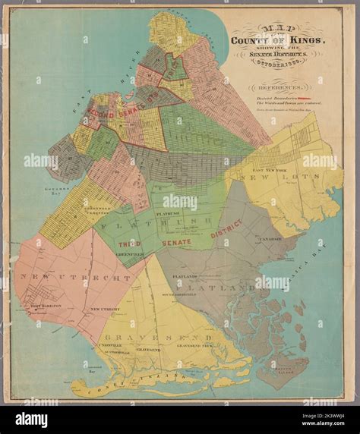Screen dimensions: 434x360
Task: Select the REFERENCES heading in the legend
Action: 279,88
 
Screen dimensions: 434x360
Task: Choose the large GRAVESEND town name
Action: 141,337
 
